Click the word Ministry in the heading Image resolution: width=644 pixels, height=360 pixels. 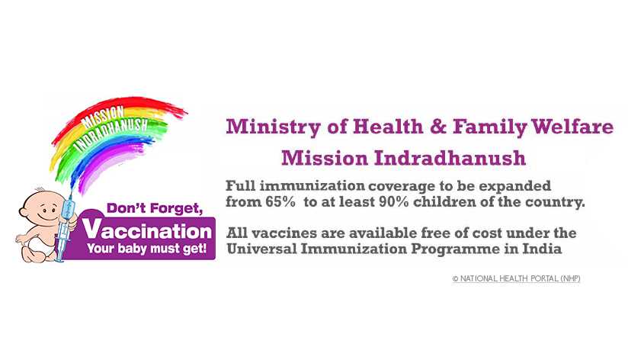coord(273,127)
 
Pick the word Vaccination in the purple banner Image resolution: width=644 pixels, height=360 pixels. coord(147,231)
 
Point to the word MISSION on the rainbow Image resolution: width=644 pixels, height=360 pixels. coord(103,116)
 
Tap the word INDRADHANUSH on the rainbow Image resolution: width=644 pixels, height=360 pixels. coord(112,134)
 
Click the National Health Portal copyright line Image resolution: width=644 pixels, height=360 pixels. coord(516,278)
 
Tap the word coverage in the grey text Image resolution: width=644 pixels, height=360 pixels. coord(402,187)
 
